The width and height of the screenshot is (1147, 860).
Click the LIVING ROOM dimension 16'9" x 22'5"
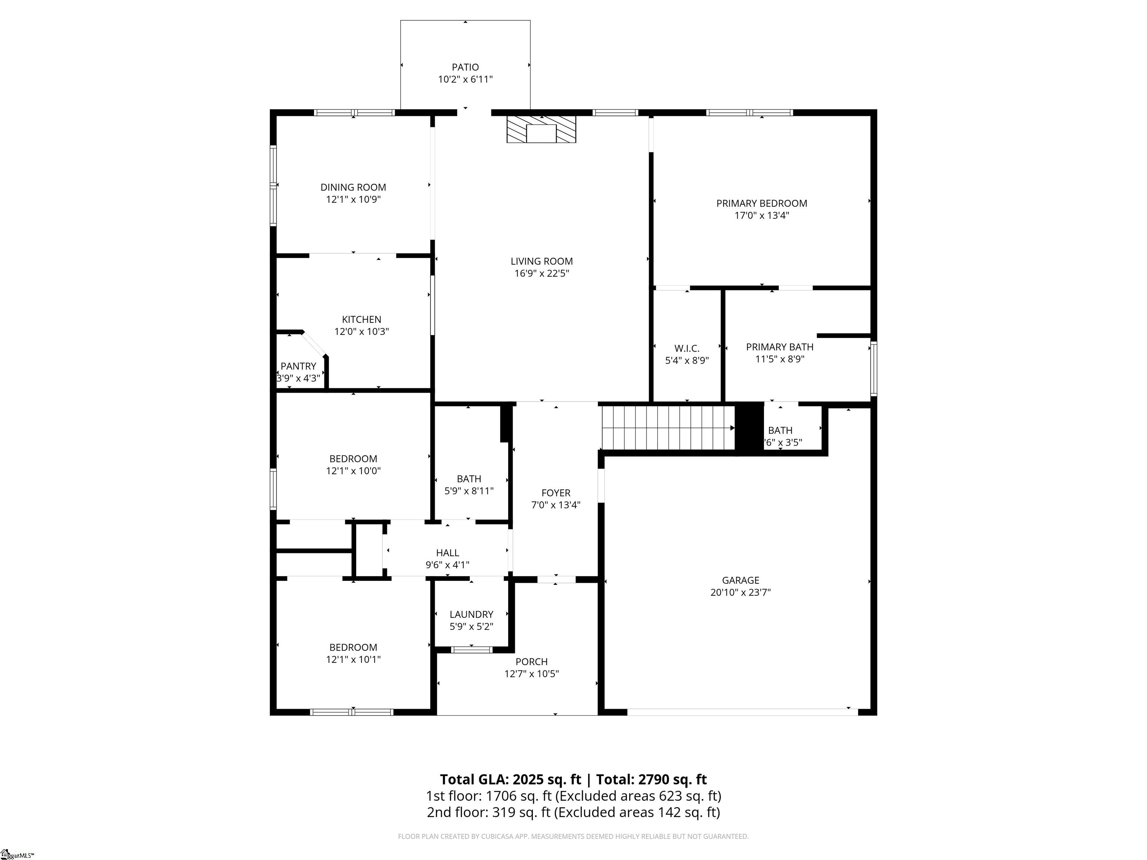[x=542, y=274]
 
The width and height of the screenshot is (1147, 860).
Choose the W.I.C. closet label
[x=687, y=348]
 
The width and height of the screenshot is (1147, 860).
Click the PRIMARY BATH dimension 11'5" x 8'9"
[x=780, y=359]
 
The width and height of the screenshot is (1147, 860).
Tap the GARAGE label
[x=740, y=580]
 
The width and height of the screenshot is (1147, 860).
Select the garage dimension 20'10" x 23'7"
[x=740, y=592]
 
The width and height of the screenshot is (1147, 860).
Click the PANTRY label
[x=298, y=366]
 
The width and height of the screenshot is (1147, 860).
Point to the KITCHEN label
[x=361, y=319]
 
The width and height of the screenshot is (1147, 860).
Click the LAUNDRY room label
[x=471, y=614]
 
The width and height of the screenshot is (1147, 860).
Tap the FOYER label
[x=556, y=493]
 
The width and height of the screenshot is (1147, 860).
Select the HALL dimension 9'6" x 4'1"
[x=448, y=565]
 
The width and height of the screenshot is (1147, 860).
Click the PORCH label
[x=532, y=662]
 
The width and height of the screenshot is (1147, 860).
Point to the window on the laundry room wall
[x=471, y=649]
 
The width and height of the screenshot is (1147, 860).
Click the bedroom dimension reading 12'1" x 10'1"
[x=353, y=660]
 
